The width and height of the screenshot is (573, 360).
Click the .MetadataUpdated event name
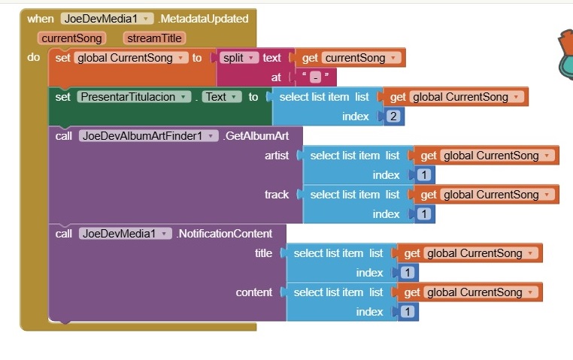pyautogui.click(x=203, y=19)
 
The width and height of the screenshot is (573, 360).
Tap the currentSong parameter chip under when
pyautogui.click(x=72, y=38)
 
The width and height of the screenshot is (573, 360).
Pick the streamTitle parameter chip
pyautogui.click(x=155, y=38)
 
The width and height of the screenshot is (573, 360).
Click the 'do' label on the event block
pyautogui.click(x=34, y=57)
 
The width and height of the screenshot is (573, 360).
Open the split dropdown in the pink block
pyautogui.click(x=239, y=58)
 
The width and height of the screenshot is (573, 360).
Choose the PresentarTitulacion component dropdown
pyautogui.click(x=133, y=97)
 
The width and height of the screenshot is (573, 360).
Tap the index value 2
pyautogui.click(x=393, y=116)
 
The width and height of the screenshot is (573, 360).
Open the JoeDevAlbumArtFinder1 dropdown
pyautogui.click(x=148, y=136)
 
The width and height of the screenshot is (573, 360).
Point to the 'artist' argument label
pyautogui.click(x=277, y=156)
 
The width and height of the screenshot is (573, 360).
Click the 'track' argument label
pyautogui.click(x=277, y=195)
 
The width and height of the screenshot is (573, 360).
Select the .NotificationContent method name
pyautogui.click(x=226, y=234)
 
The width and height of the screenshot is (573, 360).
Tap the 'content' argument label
pyautogui.click(x=254, y=292)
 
